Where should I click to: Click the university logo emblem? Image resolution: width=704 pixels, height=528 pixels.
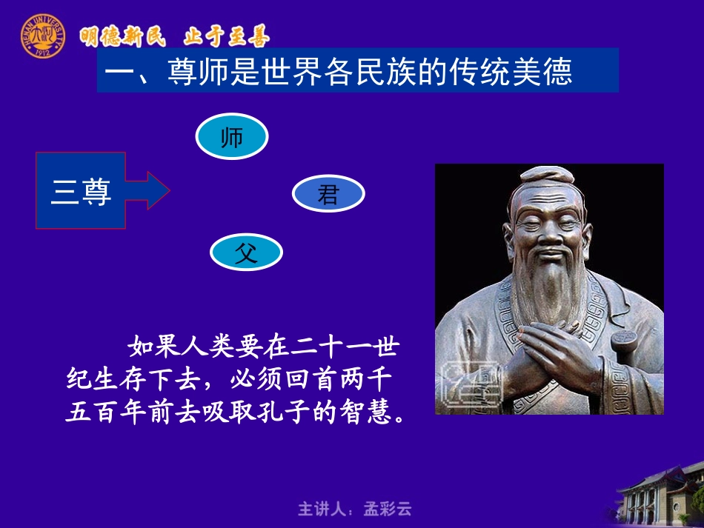click(x=42, y=35)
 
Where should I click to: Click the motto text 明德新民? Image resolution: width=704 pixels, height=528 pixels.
click(x=122, y=36)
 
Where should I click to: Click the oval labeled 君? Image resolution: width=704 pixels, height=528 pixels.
click(x=328, y=194)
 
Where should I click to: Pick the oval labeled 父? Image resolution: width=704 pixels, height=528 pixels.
click(x=245, y=253)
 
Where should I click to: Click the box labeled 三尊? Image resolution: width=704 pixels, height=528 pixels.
click(x=81, y=191)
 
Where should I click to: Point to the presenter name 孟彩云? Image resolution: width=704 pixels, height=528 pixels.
click(x=387, y=509)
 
